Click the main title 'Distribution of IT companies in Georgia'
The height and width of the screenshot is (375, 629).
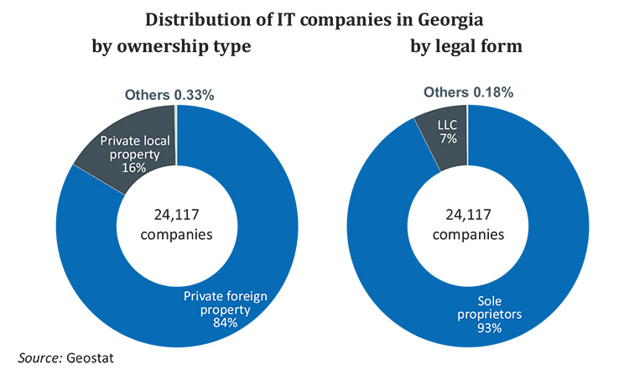click(315, 17)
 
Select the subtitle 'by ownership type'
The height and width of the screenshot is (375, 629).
click(172, 45)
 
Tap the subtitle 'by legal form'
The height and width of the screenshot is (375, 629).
click(467, 45)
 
